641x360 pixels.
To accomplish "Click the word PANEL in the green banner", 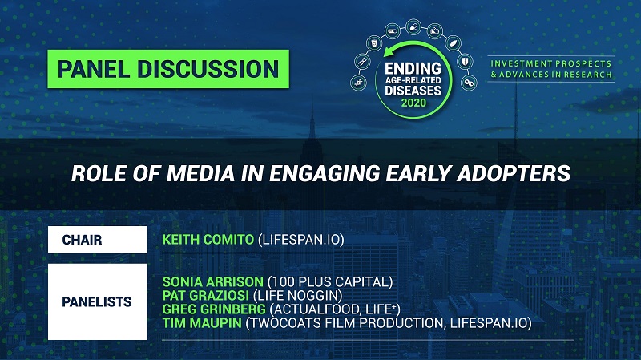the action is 93,69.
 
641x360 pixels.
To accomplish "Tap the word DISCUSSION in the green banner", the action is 208,69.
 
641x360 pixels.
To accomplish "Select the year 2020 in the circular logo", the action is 413,103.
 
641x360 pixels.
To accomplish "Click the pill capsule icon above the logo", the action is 413,27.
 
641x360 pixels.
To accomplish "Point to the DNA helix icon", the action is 358,83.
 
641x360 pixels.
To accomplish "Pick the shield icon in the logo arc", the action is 465,62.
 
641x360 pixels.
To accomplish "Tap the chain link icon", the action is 469,83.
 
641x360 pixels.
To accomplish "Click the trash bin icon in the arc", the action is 374,43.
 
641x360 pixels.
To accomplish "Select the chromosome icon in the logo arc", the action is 363,62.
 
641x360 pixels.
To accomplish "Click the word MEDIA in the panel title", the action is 200,173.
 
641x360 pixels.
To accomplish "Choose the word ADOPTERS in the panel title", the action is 514,173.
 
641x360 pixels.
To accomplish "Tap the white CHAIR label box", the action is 97,240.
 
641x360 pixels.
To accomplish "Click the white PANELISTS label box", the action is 97,302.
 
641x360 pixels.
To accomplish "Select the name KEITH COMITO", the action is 208,239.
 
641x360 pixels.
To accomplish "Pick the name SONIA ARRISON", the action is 212,282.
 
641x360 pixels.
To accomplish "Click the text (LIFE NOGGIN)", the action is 297,295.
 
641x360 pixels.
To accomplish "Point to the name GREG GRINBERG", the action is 214,309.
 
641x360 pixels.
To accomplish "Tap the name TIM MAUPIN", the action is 202,323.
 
